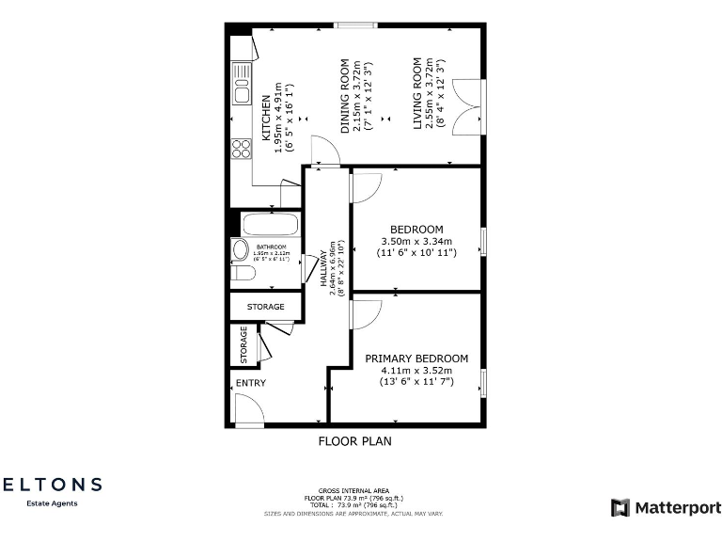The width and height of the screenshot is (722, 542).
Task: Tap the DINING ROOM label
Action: [x=346, y=95]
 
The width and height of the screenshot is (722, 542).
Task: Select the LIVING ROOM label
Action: [x=418, y=93]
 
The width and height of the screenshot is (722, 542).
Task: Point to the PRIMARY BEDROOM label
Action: [x=416, y=359]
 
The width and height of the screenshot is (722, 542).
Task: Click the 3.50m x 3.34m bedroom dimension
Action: [x=416, y=241]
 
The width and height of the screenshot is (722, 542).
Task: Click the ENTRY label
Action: [x=251, y=383]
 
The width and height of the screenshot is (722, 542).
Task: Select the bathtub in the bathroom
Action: [x=271, y=225]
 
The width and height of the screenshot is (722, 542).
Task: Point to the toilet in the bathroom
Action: [x=243, y=274]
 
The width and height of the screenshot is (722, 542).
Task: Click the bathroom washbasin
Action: [x=238, y=249]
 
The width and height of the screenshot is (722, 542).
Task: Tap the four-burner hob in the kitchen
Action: [x=242, y=148]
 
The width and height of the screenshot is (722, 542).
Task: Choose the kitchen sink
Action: [x=242, y=93]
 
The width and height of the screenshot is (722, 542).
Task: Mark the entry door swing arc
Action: [x=247, y=408]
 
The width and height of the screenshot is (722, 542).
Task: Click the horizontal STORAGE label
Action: [x=266, y=307]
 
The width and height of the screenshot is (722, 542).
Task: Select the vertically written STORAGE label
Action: [x=243, y=344]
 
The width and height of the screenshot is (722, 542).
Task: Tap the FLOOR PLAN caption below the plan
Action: [x=354, y=440]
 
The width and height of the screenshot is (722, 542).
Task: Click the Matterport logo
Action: [x=667, y=508]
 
